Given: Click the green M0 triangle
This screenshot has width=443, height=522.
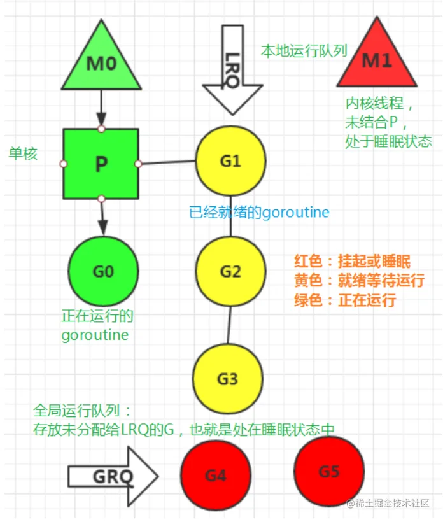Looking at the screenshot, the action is coord(101,62).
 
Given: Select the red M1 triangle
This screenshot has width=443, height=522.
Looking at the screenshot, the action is coord(377,59).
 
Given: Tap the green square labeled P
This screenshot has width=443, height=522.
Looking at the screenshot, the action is coord(101,164).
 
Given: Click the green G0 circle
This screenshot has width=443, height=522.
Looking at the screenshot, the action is coord(103,271).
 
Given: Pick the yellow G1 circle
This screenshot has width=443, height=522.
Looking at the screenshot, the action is coord(230,160).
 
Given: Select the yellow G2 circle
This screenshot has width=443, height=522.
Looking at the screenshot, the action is coord(230,271).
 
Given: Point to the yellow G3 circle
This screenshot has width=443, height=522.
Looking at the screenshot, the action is coord(227,379).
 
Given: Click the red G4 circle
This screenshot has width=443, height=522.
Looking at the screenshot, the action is coord(216,475).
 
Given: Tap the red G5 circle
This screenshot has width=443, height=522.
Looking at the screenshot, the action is coord(329,471).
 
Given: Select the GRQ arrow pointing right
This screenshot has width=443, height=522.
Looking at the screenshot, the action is coord(113,476).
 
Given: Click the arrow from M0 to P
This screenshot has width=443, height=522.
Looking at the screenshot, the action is coord(101,108).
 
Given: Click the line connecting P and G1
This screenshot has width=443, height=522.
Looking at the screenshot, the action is coord(167,162).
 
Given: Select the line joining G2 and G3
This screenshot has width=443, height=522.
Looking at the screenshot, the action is coord(229,325).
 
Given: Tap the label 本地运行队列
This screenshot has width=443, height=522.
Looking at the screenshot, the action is coord(304,51).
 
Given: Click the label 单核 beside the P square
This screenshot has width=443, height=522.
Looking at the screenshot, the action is coord(23,153).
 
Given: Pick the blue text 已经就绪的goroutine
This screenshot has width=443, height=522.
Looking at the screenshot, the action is coord(259,212).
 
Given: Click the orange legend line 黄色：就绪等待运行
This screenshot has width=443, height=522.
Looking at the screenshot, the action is coord(359,280).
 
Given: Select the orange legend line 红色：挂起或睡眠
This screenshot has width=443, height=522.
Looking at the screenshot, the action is coord(352,261).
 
